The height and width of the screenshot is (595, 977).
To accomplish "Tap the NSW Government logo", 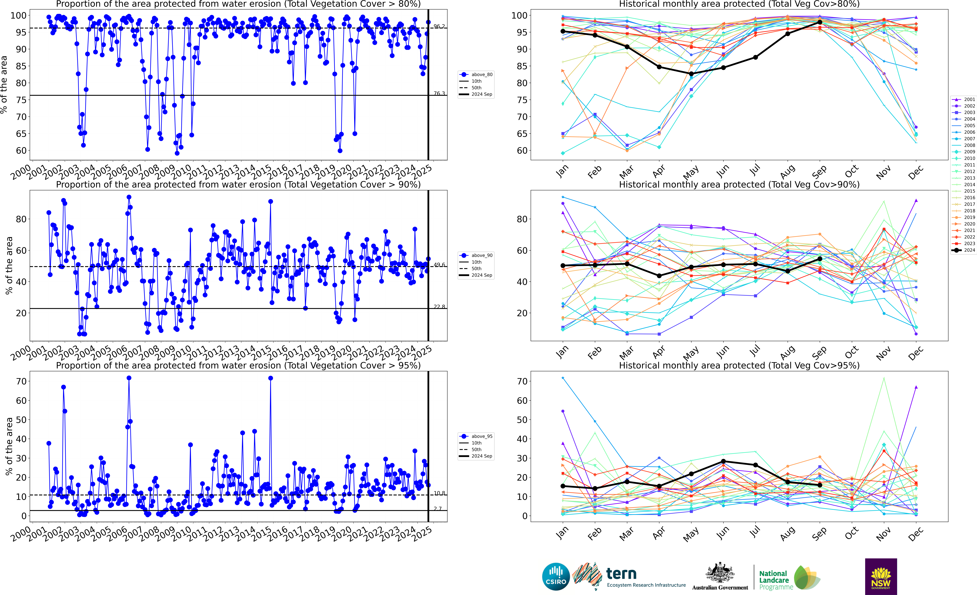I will tap(881, 576).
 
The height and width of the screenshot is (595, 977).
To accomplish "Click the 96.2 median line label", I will tap(439, 27).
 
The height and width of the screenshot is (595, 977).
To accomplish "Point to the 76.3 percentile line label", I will tap(439, 94).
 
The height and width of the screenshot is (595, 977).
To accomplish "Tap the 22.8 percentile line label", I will tap(439, 307).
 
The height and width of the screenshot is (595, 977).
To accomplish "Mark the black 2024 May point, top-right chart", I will tap(691, 74).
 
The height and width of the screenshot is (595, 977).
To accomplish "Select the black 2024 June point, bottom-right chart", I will tap(723, 461).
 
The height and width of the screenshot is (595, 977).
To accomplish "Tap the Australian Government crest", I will tap(720, 573).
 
